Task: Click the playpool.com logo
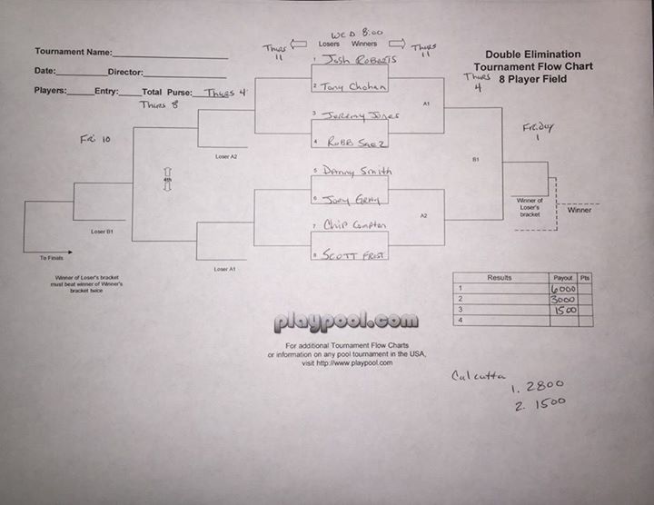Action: pyautogui.click(x=346, y=322)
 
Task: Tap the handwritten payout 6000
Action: pyautogui.click(x=563, y=289)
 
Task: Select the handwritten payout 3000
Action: pyautogui.click(x=563, y=299)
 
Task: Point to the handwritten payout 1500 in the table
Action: pyautogui.click(x=563, y=310)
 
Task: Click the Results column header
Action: pyautogui.click(x=500, y=278)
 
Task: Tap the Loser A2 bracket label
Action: pyautogui.click(x=226, y=156)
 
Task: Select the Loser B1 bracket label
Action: pyautogui.click(x=102, y=232)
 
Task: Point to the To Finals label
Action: pyautogui.click(x=51, y=259)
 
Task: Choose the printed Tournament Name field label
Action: pyautogui.click(x=74, y=53)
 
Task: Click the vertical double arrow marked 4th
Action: pyautogui.click(x=167, y=179)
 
